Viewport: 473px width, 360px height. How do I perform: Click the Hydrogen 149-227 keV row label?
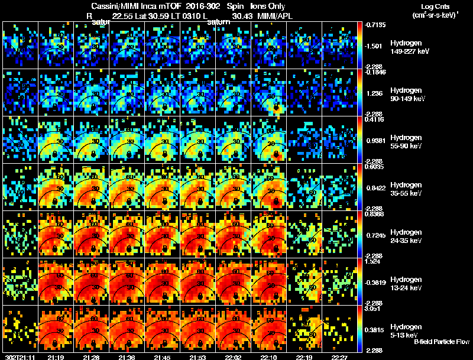[410, 47]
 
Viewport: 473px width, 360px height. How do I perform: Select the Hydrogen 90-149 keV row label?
[410, 95]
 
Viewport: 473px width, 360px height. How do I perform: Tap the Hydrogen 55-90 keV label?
[410, 142]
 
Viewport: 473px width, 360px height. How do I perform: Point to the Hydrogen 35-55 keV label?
[410, 189]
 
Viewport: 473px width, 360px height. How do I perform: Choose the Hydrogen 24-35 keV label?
[410, 236]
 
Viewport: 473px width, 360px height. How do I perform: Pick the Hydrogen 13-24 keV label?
[410, 284]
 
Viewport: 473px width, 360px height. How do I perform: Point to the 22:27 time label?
[339, 356]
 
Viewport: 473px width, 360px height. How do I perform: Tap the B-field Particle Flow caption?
[442, 342]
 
